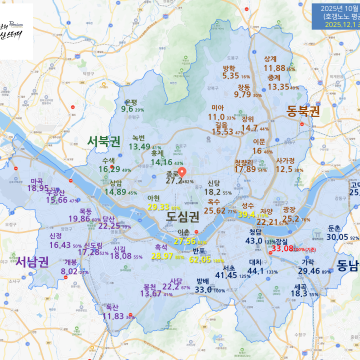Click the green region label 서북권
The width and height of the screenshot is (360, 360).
point(104,139)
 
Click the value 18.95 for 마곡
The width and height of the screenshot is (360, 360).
point(39,187)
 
